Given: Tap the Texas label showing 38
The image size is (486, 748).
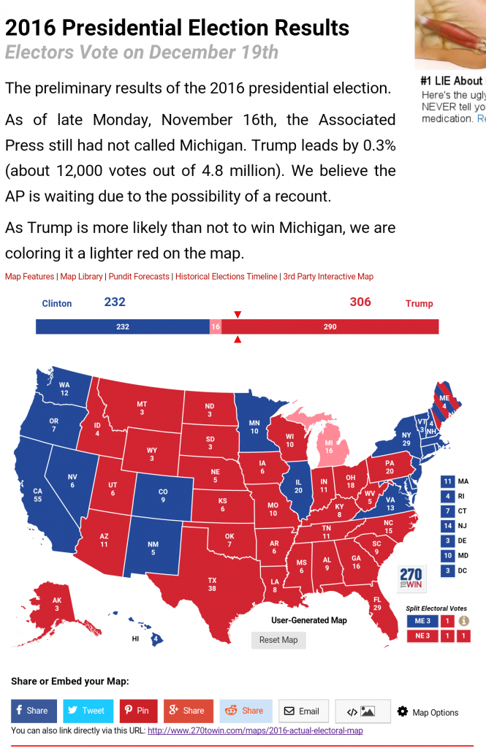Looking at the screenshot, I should [x=212, y=584].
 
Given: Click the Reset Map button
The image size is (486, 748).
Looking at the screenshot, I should [x=278, y=640].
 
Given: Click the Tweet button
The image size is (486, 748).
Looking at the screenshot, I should [x=88, y=710].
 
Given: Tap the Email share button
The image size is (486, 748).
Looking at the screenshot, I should [x=302, y=711].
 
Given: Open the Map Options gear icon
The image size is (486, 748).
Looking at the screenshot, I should [x=403, y=711].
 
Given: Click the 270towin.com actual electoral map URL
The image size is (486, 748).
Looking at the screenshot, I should [x=255, y=730].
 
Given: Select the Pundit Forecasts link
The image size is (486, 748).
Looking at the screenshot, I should [x=140, y=277].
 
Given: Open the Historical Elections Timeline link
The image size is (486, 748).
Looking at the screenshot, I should [x=227, y=277].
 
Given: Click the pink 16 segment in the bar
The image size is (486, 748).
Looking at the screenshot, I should [x=216, y=327].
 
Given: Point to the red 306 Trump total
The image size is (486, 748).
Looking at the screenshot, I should [x=360, y=302].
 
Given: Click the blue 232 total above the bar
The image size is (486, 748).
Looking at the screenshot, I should [x=115, y=302].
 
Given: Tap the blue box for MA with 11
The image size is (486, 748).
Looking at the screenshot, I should [x=447, y=481].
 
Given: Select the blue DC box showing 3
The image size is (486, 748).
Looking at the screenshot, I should [x=447, y=570].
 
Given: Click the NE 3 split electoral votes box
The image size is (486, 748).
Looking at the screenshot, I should [x=422, y=636].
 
